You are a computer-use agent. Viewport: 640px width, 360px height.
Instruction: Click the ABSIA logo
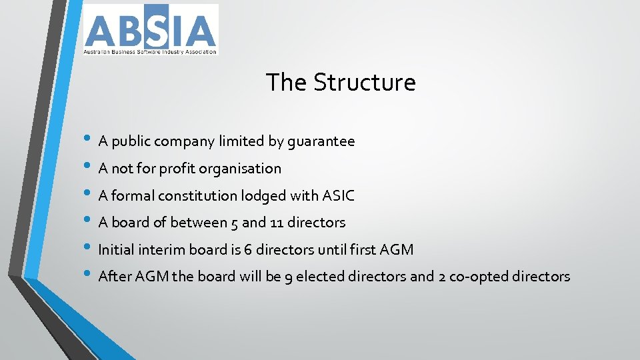(x=150, y=29)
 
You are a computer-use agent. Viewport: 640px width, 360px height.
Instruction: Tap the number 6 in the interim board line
(x=247, y=250)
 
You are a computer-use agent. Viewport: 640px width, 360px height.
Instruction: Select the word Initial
(x=116, y=250)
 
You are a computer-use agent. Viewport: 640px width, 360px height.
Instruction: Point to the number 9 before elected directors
(x=288, y=277)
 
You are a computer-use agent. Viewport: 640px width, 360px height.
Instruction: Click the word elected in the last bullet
(x=319, y=277)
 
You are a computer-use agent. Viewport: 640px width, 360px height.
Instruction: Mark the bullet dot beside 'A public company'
(x=88, y=140)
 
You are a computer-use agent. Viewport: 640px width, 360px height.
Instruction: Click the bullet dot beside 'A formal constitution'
(x=88, y=194)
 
